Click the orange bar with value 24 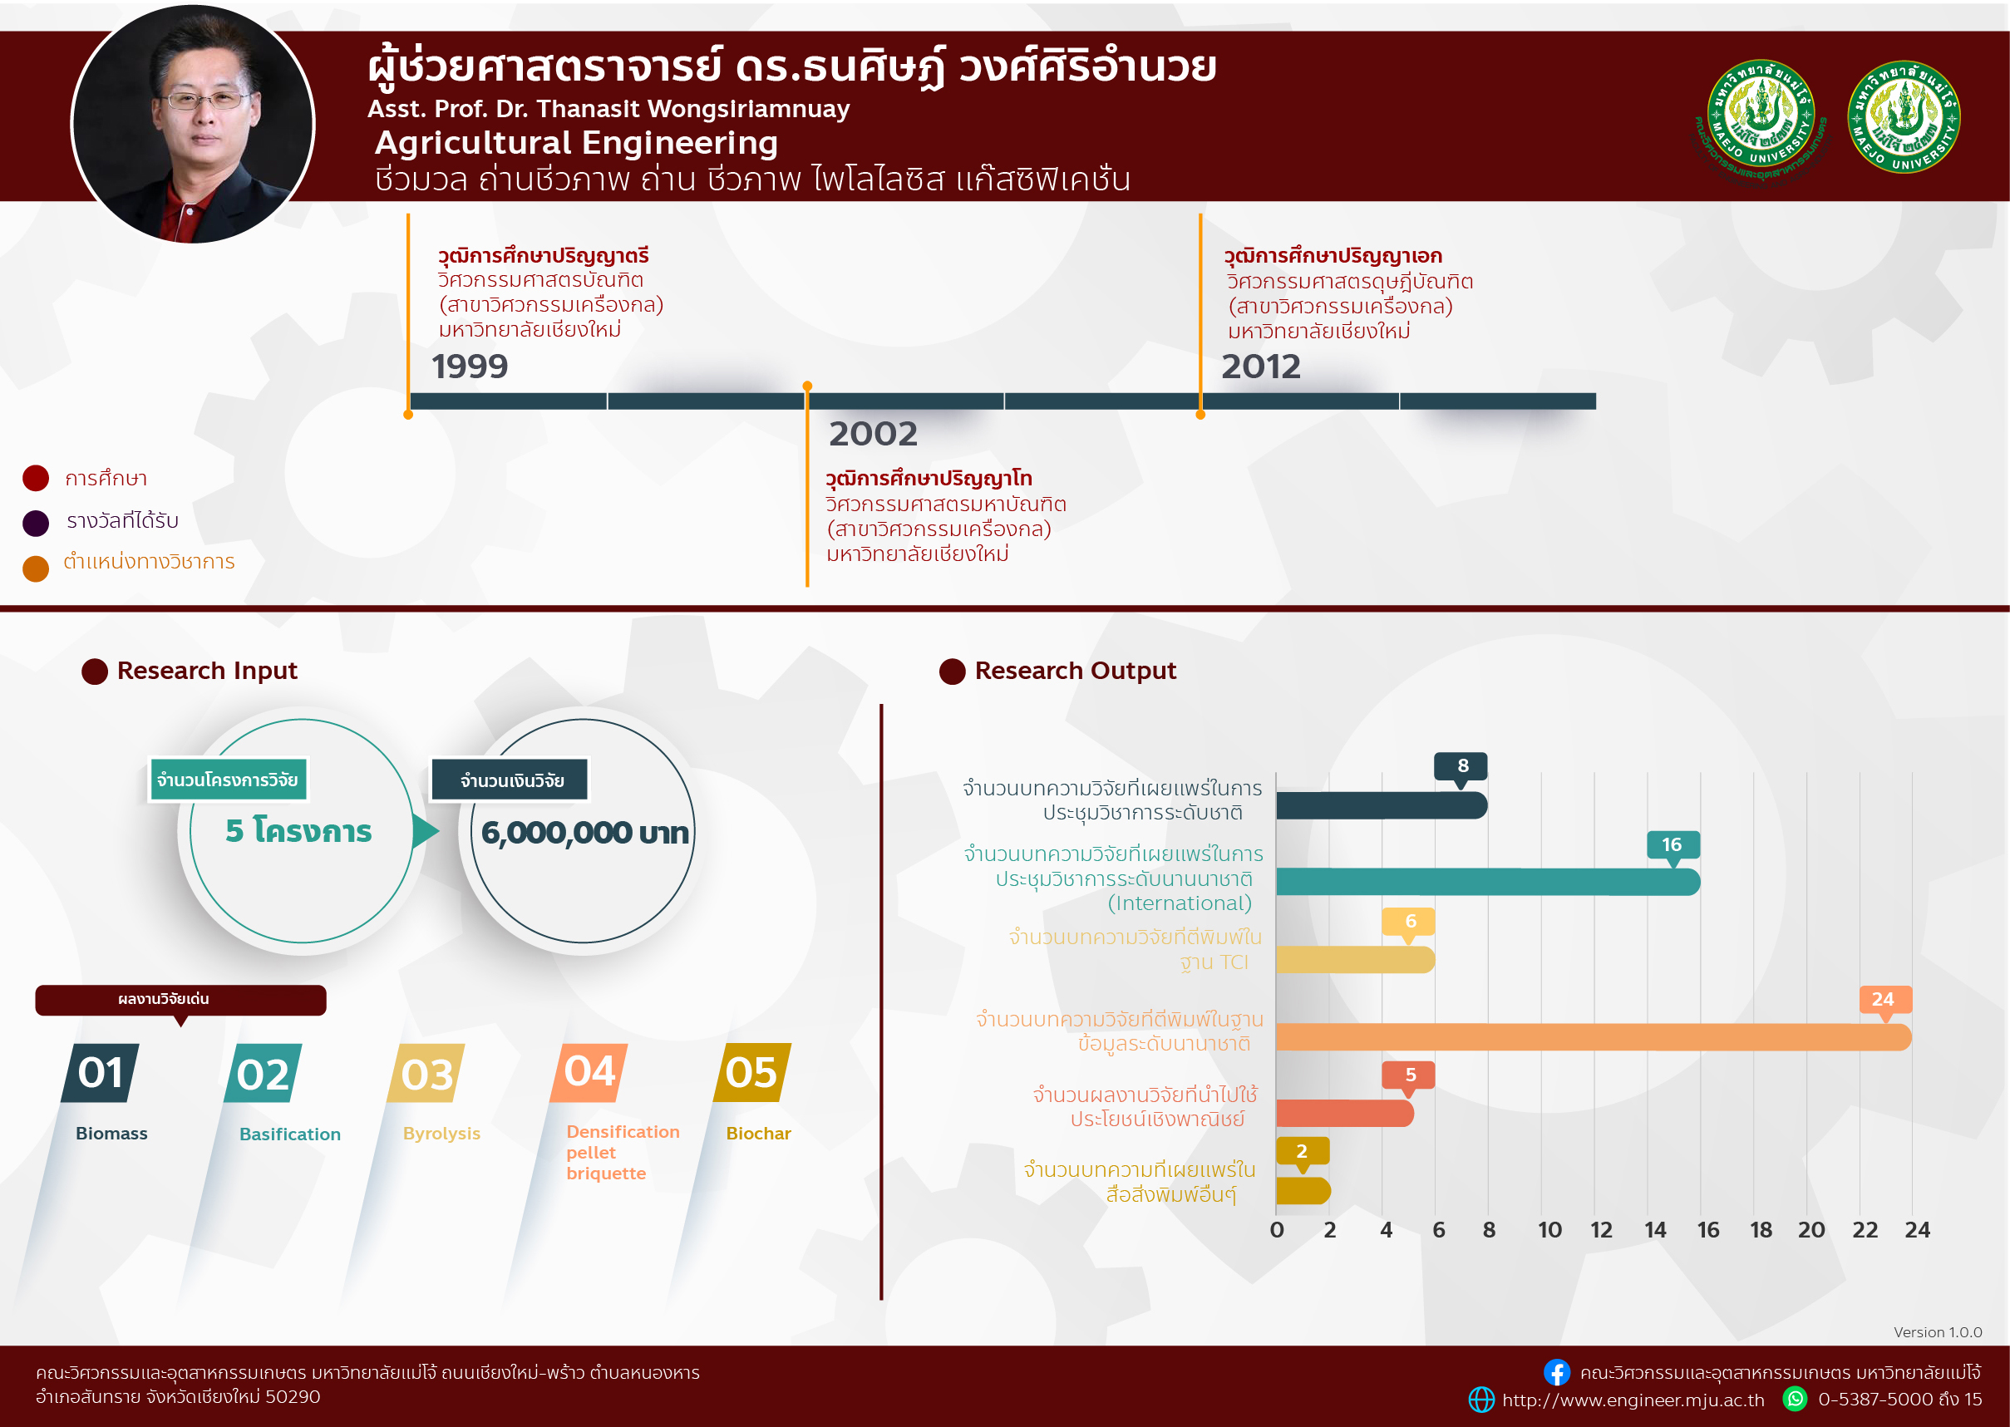(x=1593, y=1037)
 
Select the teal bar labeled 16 (x=1488, y=881)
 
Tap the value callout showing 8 (x=1461, y=766)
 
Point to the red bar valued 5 (x=1345, y=1114)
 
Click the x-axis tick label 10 (x=1549, y=1230)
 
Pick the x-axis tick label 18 (x=1761, y=1230)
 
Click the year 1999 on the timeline (x=470, y=367)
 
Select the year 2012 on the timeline (x=1260, y=367)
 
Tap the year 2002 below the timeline (x=873, y=433)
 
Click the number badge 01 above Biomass (x=101, y=1073)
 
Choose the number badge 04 (x=589, y=1073)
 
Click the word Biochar (x=758, y=1134)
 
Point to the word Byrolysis (x=441, y=1134)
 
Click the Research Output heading (x=1075, y=671)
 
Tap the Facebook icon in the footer (x=1556, y=1372)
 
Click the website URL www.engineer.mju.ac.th (x=1633, y=1400)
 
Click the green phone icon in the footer (x=1795, y=1398)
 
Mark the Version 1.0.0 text (x=1938, y=1332)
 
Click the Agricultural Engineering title (x=577, y=142)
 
